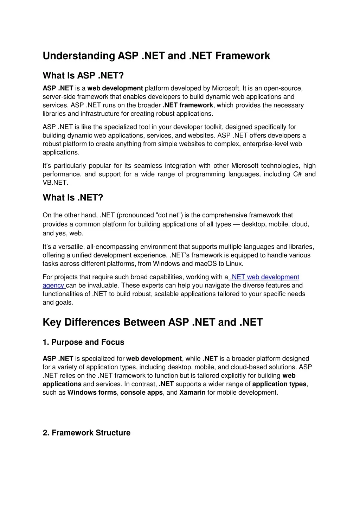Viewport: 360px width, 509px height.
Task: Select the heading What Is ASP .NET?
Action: (83, 76)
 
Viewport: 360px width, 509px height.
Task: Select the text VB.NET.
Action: (56, 183)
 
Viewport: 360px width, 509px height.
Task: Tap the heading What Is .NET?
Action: (73, 198)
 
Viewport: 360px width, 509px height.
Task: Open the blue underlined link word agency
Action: (53, 286)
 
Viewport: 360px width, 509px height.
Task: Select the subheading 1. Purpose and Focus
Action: (83, 342)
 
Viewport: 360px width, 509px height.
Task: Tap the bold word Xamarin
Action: (192, 393)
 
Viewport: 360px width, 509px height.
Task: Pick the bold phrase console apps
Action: (141, 393)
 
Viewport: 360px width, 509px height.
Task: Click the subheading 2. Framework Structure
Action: (86, 433)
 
